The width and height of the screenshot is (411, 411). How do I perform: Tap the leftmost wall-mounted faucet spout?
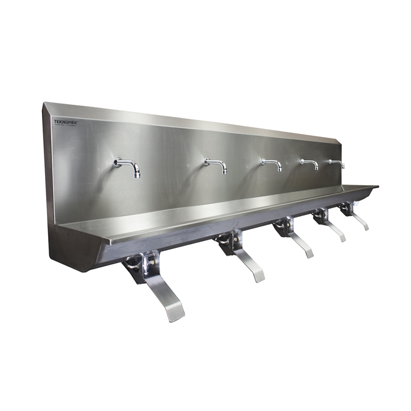click(127, 166)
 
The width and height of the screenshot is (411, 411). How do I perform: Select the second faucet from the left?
click(216, 164)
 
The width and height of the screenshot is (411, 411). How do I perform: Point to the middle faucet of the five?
click(272, 163)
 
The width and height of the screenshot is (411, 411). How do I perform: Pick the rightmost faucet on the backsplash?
click(337, 163)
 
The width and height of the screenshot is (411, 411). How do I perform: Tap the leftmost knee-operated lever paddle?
click(165, 298)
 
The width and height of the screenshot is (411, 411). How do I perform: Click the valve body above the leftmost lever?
click(141, 262)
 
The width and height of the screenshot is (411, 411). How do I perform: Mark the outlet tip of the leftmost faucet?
click(137, 175)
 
